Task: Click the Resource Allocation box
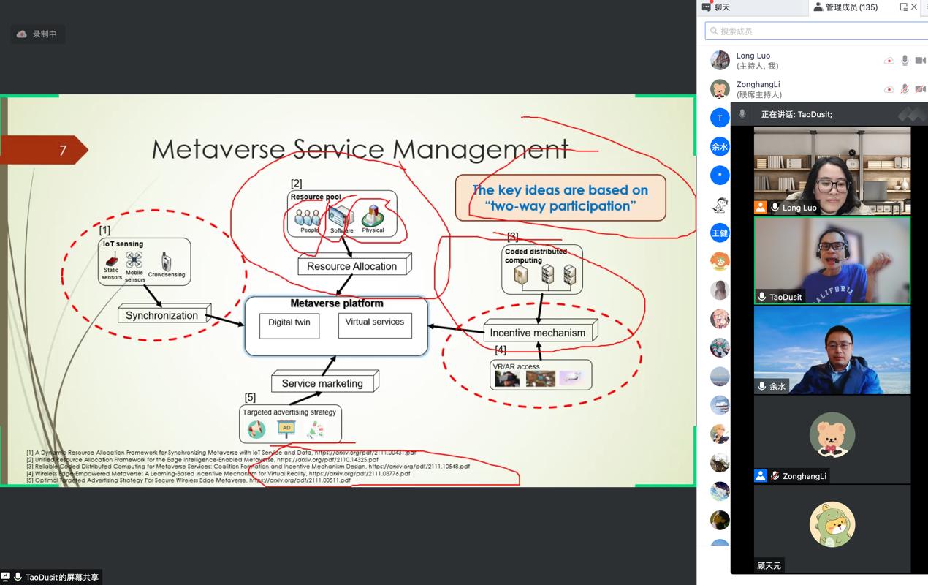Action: tap(352, 266)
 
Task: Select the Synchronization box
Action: tap(162, 315)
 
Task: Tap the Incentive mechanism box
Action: tap(538, 333)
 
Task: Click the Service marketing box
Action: tap(322, 383)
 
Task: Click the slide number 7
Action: tap(63, 151)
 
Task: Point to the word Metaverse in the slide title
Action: tap(219, 149)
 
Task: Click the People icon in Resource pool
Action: tap(308, 218)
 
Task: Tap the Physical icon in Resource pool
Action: tap(373, 215)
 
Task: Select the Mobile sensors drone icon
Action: tap(134, 260)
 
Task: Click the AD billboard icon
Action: tap(286, 429)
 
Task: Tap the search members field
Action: tap(815, 31)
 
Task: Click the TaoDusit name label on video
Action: tap(786, 297)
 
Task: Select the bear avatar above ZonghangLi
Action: tap(832, 434)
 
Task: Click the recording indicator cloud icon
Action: tap(22, 34)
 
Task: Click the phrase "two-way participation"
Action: tap(560, 206)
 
